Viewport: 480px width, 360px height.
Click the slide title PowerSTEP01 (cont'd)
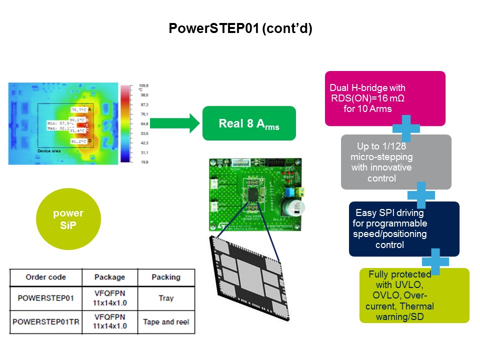(x=240, y=28)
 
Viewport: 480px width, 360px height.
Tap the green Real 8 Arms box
(x=249, y=123)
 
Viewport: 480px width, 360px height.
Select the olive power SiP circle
(x=68, y=219)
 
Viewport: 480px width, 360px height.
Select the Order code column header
(x=45, y=277)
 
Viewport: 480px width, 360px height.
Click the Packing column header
(x=166, y=277)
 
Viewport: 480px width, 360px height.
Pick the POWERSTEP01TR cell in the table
(x=45, y=321)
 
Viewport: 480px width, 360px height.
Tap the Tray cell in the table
(x=166, y=298)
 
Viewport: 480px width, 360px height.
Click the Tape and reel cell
(x=166, y=321)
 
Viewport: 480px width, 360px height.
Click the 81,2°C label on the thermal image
(x=78, y=141)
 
